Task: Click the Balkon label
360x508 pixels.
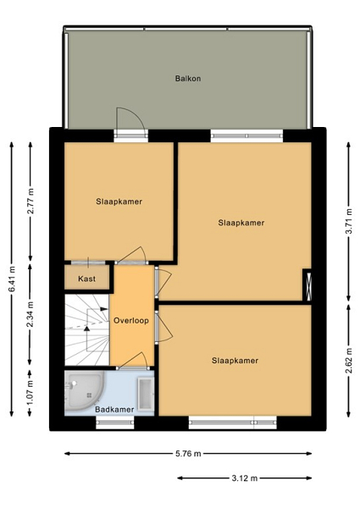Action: [x=188, y=79]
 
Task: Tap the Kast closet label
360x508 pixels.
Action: [x=87, y=279]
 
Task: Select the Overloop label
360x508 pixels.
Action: [x=131, y=320]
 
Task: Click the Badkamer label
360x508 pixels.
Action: [x=114, y=410]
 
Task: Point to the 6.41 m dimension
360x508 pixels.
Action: [x=12, y=279]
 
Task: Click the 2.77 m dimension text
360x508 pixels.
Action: [x=30, y=201]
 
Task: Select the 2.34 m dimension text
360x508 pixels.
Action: [x=30, y=314]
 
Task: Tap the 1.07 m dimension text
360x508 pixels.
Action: [x=30, y=393]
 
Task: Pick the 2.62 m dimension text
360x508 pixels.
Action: [x=349, y=361]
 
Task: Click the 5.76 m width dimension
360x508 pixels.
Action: [x=188, y=454]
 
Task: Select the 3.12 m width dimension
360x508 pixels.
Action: [x=245, y=478]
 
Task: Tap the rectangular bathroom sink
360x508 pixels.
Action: [x=146, y=395]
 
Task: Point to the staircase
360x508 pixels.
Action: [x=87, y=330]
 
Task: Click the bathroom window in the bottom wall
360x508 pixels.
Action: [x=115, y=422]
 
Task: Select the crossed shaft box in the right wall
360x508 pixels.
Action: [x=307, y=286]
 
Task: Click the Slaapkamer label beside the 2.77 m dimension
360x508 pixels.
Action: [x=119, y=202]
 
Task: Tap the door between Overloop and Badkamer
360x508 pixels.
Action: [x=133, y=362]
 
